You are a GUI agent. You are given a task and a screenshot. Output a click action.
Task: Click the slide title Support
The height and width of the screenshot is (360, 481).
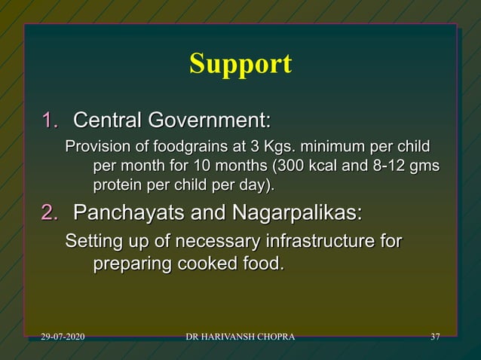(240, 64)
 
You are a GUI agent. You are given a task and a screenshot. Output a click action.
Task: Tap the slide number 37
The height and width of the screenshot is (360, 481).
(435, 335)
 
